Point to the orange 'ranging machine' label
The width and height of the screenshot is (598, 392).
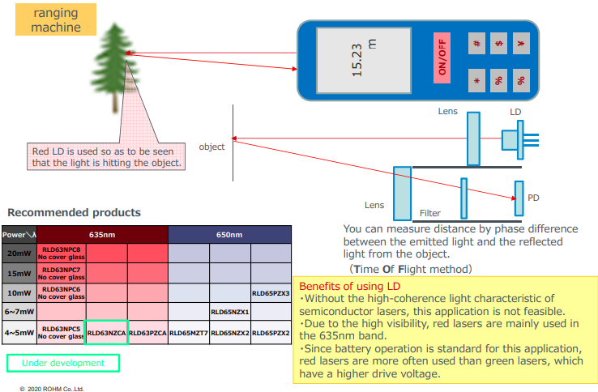click(56, 19)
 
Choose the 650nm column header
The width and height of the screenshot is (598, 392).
click(229, 235)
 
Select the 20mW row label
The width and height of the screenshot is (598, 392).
click(18, 253)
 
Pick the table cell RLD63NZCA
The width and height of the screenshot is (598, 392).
click(106, 333)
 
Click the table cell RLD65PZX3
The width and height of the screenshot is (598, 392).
click(271, 293)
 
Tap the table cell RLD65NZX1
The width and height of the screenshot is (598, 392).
click(229, 312)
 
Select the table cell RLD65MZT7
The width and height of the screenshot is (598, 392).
click(189, 333)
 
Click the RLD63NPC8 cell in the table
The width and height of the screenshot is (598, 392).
click(61, 253)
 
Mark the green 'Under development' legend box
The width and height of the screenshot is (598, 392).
click(63, 363)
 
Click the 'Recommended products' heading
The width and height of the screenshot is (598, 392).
click(74, 213)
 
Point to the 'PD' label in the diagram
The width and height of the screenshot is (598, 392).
click(532, 198)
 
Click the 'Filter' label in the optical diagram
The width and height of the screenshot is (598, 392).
click(430, 214)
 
